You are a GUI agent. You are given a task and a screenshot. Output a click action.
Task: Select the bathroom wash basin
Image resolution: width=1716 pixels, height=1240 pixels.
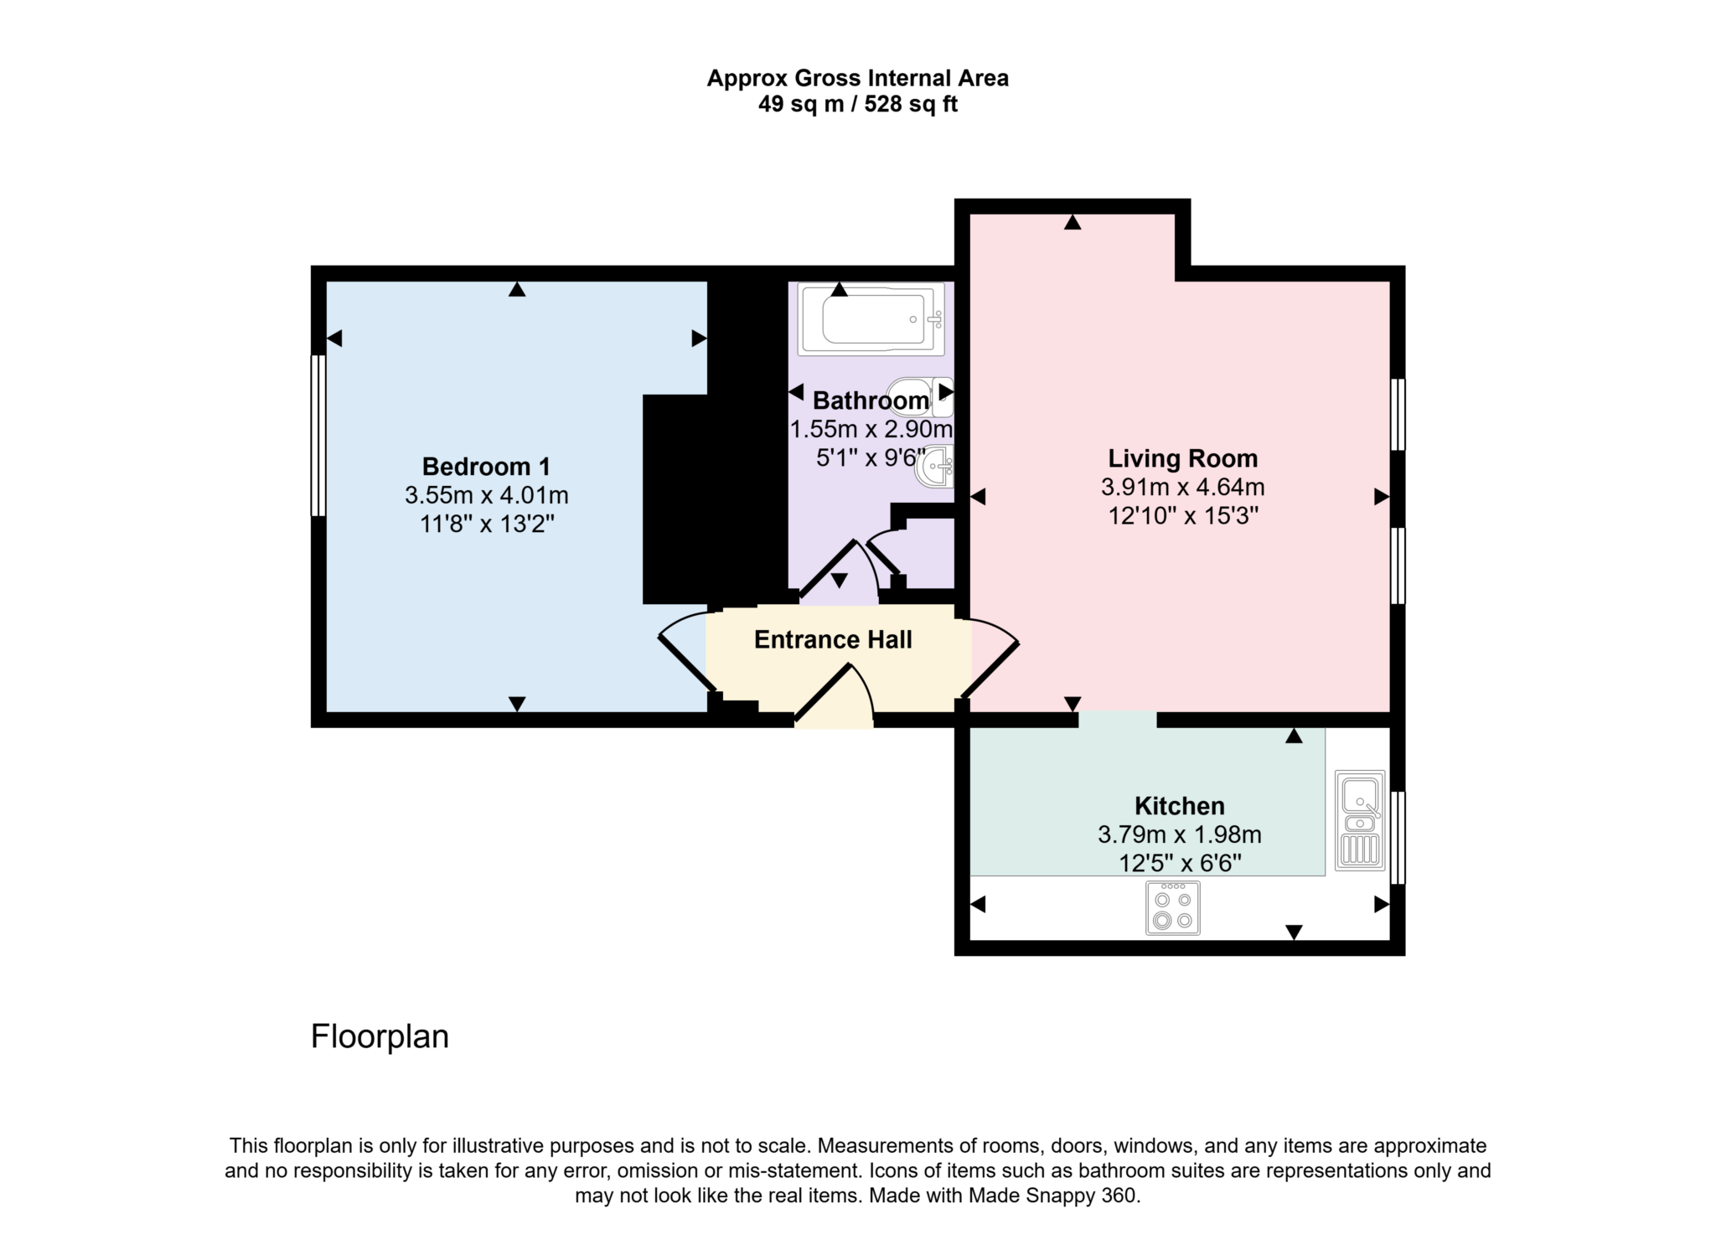coord(935,468)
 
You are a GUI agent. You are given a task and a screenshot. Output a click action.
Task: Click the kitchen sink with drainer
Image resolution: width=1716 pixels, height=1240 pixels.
coord(1359,819)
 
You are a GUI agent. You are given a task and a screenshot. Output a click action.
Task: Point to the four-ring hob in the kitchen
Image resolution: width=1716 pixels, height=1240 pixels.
coord(1172,907)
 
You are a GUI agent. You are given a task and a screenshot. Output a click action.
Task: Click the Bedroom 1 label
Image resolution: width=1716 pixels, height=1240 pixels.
coord(486,466)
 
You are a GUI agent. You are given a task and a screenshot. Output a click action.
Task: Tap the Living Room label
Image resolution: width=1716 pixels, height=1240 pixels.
coord(1182,458)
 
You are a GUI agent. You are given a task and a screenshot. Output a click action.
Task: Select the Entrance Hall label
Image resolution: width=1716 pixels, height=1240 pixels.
coord(833,640)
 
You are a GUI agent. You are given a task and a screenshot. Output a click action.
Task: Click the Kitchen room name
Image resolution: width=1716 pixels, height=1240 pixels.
coord(1179,806)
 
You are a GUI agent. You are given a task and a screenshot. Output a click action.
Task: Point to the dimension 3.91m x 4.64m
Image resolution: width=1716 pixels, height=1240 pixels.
coord(1182,487)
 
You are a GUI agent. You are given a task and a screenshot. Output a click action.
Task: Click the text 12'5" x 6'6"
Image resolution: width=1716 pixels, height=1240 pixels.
coord(1179,863)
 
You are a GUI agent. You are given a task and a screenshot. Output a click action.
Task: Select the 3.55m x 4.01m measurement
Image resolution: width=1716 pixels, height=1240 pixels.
coord(486,495)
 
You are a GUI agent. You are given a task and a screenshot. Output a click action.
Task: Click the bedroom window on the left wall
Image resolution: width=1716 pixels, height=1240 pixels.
coord(318,435)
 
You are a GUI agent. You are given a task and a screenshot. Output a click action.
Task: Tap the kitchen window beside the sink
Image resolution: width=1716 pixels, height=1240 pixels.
coord(1398,837)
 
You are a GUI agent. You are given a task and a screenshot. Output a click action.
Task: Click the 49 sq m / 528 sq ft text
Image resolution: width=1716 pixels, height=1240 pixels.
coord(857,105)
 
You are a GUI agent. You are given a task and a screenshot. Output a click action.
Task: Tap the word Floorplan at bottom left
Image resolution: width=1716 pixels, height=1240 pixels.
coord(380,1036)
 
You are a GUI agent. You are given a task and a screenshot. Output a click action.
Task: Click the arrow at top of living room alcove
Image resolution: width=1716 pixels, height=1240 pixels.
coord(1072,222)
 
